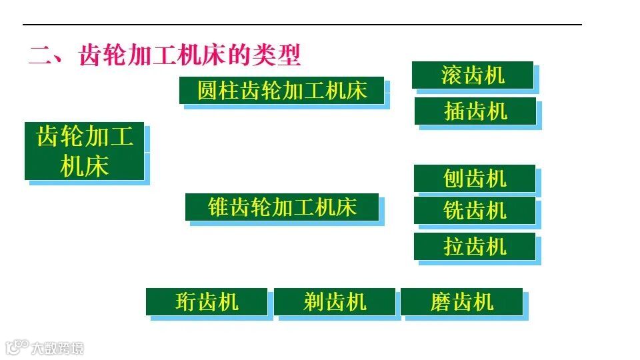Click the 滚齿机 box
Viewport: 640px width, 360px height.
(473, 75)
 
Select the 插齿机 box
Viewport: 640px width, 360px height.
(475, 111)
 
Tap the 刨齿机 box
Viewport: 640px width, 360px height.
(475, 179)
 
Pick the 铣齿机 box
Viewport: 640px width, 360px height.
(475, 211)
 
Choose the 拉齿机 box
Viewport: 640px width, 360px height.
(475, 247)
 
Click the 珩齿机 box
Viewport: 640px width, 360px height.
(207, 302)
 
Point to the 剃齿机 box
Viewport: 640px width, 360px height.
(335, 302)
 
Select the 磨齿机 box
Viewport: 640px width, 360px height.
(461, 302)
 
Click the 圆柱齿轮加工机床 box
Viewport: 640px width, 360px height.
(282, 90)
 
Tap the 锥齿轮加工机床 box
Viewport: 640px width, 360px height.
(282, 207)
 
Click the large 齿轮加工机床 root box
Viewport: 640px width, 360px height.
(85, 151)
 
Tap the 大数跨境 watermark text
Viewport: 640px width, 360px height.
(57, 347)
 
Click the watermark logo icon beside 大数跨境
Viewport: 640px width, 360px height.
(17, 347)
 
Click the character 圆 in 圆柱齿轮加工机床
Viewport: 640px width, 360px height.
(207, 90)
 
